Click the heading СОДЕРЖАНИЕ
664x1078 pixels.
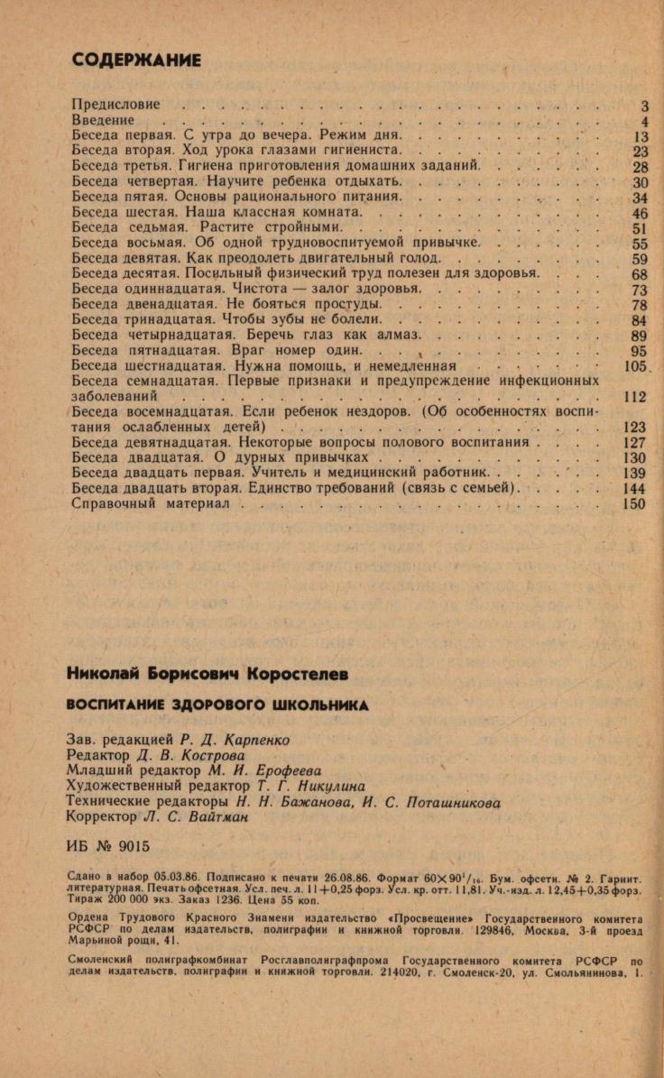pyautogui.click(x=135, y=60)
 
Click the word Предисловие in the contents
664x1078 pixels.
pyautogui.click(x=115, y=105)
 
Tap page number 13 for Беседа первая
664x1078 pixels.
pyautogui.click(x=641, y=136)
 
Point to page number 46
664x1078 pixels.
pyautogui.click(x=640, y=213)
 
